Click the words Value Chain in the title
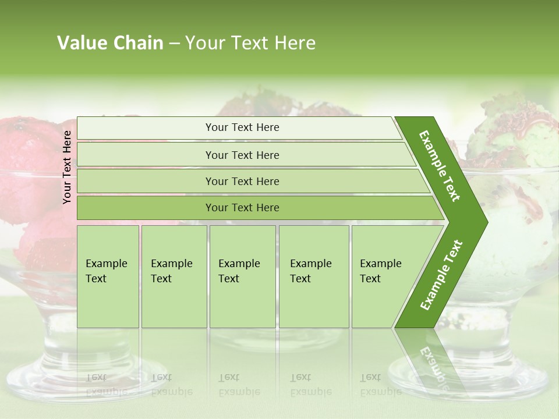tap(110, 43)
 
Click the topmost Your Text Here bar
tap(242, 127)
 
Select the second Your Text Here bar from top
tap(242, 155)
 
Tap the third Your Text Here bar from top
tap(242, 181)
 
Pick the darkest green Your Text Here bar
tap(242, 208)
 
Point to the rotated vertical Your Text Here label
tap(67, 167)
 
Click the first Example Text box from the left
tap(108, 276)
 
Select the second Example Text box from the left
tap(174, 276)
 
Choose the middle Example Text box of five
tap(242, 276)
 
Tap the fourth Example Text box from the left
tap(313, 276)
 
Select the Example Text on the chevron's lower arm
tap(441, 275)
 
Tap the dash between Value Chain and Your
tap(174, 44)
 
